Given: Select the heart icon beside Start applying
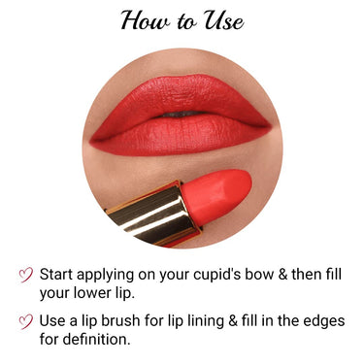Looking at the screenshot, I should click(x=26, y=276).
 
